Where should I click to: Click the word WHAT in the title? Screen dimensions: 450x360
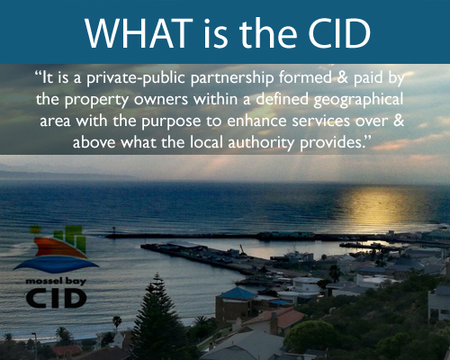(139, 32)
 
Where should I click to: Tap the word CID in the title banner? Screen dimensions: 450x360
(339, 32)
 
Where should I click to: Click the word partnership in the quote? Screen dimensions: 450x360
(232, 78)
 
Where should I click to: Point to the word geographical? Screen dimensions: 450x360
(358, 100)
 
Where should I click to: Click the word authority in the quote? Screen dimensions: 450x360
(261, 143)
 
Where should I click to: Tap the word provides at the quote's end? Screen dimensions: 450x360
(332, 143)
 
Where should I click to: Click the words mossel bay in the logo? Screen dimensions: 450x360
(56, 282)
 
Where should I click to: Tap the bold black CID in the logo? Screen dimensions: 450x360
(56, 298)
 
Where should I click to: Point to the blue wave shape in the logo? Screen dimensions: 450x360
(56, 264)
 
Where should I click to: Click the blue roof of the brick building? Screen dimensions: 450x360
(238, 293)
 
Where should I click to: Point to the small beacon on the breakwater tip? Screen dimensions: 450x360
(114, 231)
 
